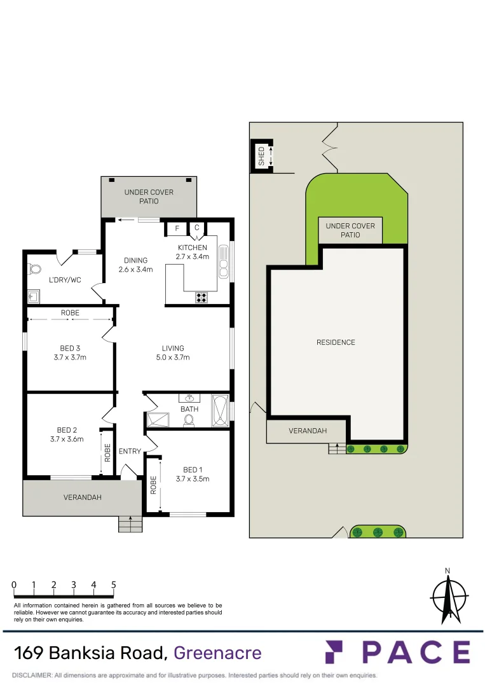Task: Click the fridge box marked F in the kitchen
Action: tap(177, 228)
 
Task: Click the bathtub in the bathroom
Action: tap(220, 411)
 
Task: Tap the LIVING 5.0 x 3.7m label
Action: tap(173, 352)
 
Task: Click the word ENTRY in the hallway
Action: tap(130, 452)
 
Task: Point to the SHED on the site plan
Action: tap(261, 156)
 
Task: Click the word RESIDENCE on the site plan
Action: tap(336, 342)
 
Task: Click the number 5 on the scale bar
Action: tap(113, 585)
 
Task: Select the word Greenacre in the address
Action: tap(217, 653)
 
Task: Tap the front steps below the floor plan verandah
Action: tap(130, 524)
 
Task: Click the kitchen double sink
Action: tap(224, 262)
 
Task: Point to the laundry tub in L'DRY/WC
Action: tap(34, 296)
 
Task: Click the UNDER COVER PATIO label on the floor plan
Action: tap(149, 197)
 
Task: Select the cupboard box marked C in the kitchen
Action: tap(196, 228)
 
